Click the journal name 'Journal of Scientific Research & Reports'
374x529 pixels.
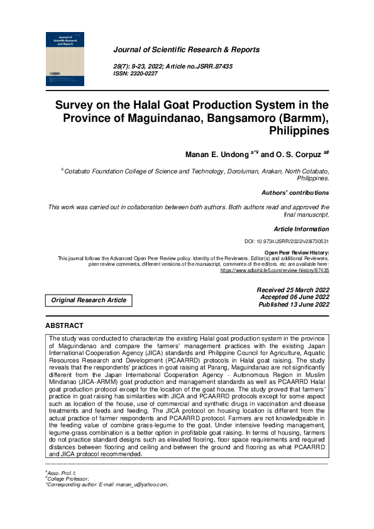pyautogui.click(x=186, y=50)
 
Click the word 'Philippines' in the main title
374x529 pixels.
pyautogui.click(x=299, y=131)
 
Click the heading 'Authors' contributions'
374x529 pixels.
pyautogui.click(x=295, y=193)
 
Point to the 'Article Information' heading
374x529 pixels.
pyautogui.click(x=301, y=229)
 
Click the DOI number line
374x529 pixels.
pyautogui.click(x=287, y=242)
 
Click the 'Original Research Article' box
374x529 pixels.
pyautogui.click(x=89, y=300)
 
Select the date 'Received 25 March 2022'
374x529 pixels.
pyautogui.click(x=293, y=290)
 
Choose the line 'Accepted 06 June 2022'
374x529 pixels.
pyautogui.click(x=294, y=297)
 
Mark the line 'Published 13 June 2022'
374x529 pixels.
pyautogui.click(x=294, y=305)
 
